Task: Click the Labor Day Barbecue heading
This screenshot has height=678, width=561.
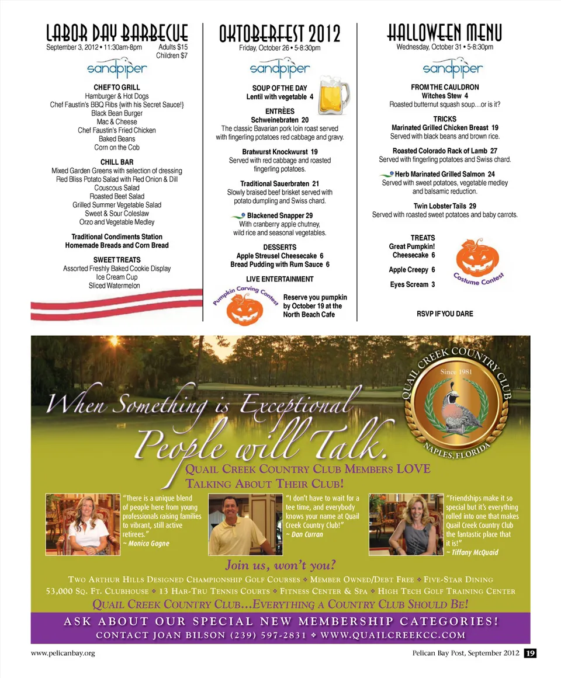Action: [117, 32]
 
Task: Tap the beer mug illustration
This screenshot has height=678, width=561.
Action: [333, 95]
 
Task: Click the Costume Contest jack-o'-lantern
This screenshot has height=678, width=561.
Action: [477, 259]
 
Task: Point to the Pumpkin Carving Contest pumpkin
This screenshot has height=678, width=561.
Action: [244, 309]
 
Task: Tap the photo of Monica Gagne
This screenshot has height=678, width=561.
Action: [82, 524]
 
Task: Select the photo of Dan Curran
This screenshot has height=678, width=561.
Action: [241, 524]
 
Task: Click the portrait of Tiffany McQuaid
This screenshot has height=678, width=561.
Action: [406, 524]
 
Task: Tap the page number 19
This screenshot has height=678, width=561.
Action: [529, 653]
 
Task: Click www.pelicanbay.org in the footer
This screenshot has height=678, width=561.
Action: [63, 653]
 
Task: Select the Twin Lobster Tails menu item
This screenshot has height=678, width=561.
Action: [444, 206]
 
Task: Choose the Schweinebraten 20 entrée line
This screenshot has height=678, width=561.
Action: [280, 120]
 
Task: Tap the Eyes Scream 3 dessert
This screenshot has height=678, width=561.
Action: [412, 284]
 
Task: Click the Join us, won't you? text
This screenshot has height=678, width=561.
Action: [280, 565]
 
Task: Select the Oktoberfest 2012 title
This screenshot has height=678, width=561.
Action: [279, 34]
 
